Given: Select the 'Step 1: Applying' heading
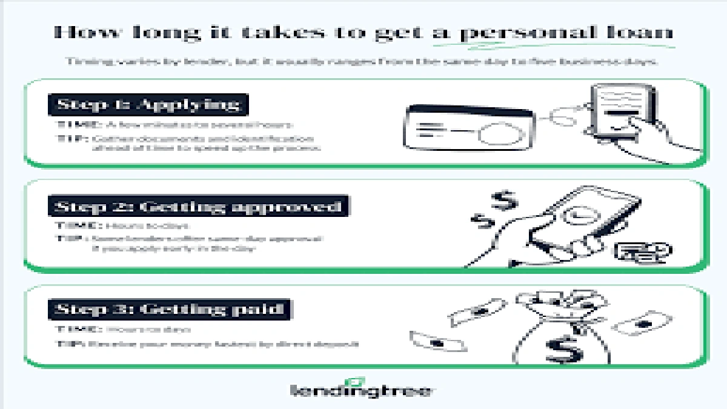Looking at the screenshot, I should point(148,105).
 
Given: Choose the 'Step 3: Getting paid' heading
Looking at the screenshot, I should point(170,309).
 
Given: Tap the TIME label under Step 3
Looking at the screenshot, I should point(78,330).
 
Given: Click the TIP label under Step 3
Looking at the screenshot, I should point(68,344).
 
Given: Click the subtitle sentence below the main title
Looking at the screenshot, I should point(362,62).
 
